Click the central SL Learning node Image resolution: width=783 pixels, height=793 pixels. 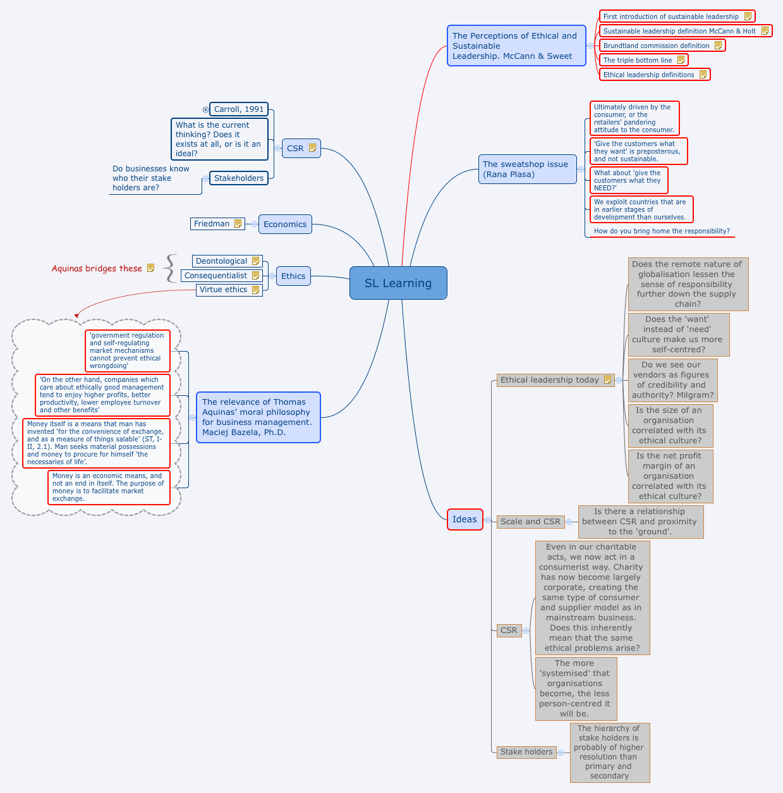[398, 283]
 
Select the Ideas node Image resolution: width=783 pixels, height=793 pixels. [464, 519]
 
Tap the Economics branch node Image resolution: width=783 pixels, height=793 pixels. [285, 224]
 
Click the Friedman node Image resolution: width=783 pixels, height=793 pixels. [212, 224]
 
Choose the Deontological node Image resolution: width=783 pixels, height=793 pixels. [221, 261]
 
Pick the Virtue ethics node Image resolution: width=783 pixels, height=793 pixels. [223, 290]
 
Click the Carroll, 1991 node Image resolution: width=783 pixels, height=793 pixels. [238, 109]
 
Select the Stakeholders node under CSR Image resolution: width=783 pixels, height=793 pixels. [238, 178]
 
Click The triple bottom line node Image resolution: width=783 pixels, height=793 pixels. [638, 60]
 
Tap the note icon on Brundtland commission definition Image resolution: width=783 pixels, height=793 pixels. [718, 46]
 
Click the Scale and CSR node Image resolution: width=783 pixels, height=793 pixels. [530, 522]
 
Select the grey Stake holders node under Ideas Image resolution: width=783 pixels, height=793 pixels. [526, 752]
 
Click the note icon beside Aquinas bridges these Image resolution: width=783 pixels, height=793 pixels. [150, 268]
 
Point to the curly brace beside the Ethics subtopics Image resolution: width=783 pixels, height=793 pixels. [170, 268]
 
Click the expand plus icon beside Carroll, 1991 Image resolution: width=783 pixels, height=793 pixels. [205, 109]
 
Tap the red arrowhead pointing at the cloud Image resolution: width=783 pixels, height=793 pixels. [77, 314]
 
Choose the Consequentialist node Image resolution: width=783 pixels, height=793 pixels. [215, 276]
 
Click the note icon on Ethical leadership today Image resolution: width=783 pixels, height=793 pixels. [607, 380]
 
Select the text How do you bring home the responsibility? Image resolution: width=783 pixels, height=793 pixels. [662, 231]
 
